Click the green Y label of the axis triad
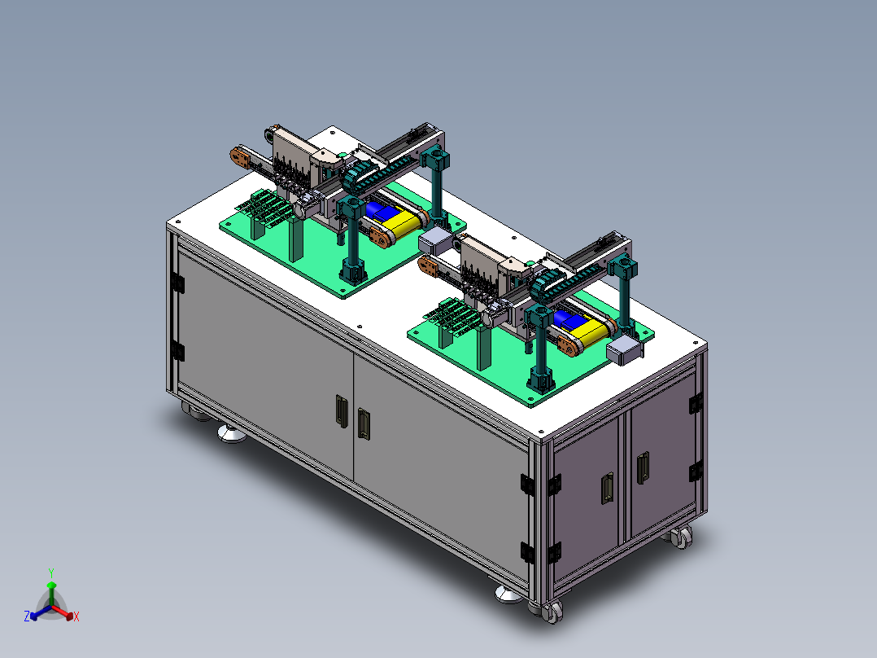click(x=51, y=572)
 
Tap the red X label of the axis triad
click(x=76, y=616)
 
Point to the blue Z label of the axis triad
click(x=27, y=616)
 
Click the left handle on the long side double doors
click(x=341, y=411)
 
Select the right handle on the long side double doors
click(x=364, y=423)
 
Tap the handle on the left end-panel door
click(x=607, y=489)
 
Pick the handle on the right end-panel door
click(x=643, y=467)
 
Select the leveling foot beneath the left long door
click(x=232, y=433)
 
